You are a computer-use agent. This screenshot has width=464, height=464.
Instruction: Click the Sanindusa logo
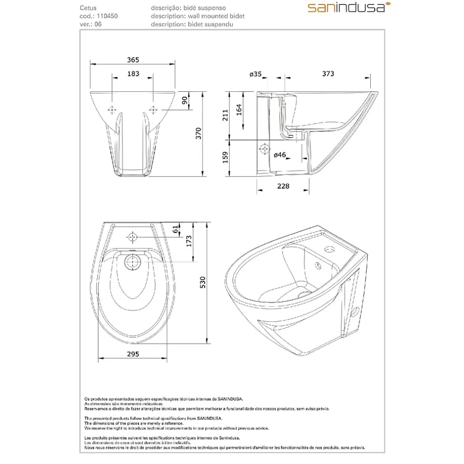(x=349, y=7)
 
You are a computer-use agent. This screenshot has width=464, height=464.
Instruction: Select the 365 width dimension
(x=133, y=60)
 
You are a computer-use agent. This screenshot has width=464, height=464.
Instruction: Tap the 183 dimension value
(x=133, y=74)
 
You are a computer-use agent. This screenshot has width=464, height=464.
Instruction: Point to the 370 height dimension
(x=198, y=133)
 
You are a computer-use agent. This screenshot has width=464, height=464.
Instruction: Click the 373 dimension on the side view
(x=328, y=74)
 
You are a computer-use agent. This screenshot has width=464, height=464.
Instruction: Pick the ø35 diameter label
(x=255, y=74)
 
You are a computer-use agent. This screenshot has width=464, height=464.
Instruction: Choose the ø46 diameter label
(x=280, y=155)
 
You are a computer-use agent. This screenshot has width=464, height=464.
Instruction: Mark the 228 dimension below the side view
(x=283, y=186)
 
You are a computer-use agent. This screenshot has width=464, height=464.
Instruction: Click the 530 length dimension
(x=202, y=282)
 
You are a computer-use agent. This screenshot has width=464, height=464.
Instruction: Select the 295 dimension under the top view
(x=133, y=354)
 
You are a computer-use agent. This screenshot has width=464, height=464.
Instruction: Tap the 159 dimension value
(x=225, y=157)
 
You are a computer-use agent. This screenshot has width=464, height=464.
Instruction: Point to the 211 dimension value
(x=225, y=115)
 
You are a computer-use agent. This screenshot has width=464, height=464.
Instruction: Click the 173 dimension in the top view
(x=189, y=241)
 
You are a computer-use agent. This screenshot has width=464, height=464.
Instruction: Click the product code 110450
(x=107, y=16)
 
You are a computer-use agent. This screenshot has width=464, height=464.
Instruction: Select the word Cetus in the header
(x=88, y=8)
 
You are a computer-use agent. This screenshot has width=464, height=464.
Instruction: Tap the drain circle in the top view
(x=132, y=262)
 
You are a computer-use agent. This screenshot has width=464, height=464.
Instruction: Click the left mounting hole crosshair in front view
(x=112, y=110)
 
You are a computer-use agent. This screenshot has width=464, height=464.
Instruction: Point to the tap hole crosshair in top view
(x=132, y=237)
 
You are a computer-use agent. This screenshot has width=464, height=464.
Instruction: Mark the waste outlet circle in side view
(x=264, y=149)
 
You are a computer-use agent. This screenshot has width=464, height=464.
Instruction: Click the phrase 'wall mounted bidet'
(x=216, y=16)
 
